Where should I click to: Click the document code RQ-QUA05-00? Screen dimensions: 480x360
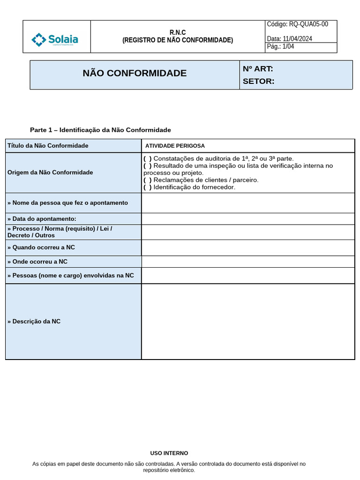297,24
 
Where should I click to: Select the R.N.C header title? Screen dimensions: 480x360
177,32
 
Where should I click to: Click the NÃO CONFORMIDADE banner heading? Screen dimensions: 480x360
135,73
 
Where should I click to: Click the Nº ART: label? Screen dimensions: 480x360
258,69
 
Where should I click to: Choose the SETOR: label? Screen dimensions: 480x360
258,82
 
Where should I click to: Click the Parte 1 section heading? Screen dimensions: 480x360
100,130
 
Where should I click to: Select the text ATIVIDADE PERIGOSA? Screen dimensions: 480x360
175,146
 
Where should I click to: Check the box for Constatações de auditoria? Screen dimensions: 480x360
148,158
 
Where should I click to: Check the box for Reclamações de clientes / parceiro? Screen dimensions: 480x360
148,180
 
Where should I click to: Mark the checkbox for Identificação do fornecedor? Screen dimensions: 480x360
148,187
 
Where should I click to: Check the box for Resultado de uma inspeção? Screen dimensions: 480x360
148,165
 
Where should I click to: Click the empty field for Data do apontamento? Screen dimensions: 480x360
247,219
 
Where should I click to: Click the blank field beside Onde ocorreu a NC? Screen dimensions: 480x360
247,262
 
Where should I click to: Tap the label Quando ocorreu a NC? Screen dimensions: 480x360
41,247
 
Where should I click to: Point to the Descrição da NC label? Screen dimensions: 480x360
34,322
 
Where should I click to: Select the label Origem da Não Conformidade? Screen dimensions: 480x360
50,172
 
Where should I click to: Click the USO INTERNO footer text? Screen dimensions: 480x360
169,453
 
